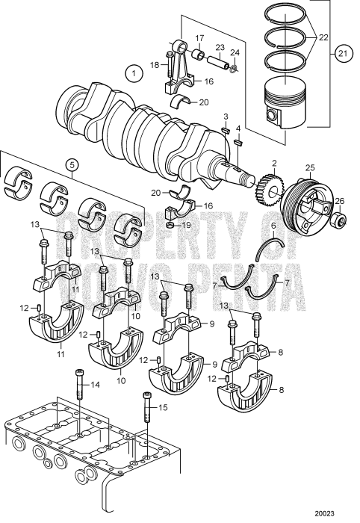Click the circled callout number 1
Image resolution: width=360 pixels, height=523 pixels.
click(133, 73)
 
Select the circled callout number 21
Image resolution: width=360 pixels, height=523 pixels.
click(343, 54)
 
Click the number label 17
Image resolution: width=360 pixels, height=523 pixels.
click(199, 37)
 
